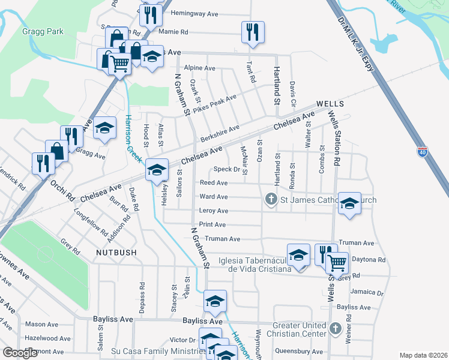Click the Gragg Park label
[x=43, y=31]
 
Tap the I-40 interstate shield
[x=423, y=152]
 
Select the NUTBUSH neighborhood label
[x=116, y=253]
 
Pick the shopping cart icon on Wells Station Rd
[x=338, y=262]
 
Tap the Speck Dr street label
[x=227, y=170]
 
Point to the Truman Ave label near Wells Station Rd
[x=356, y=243]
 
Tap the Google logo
[x=20, y=353]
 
